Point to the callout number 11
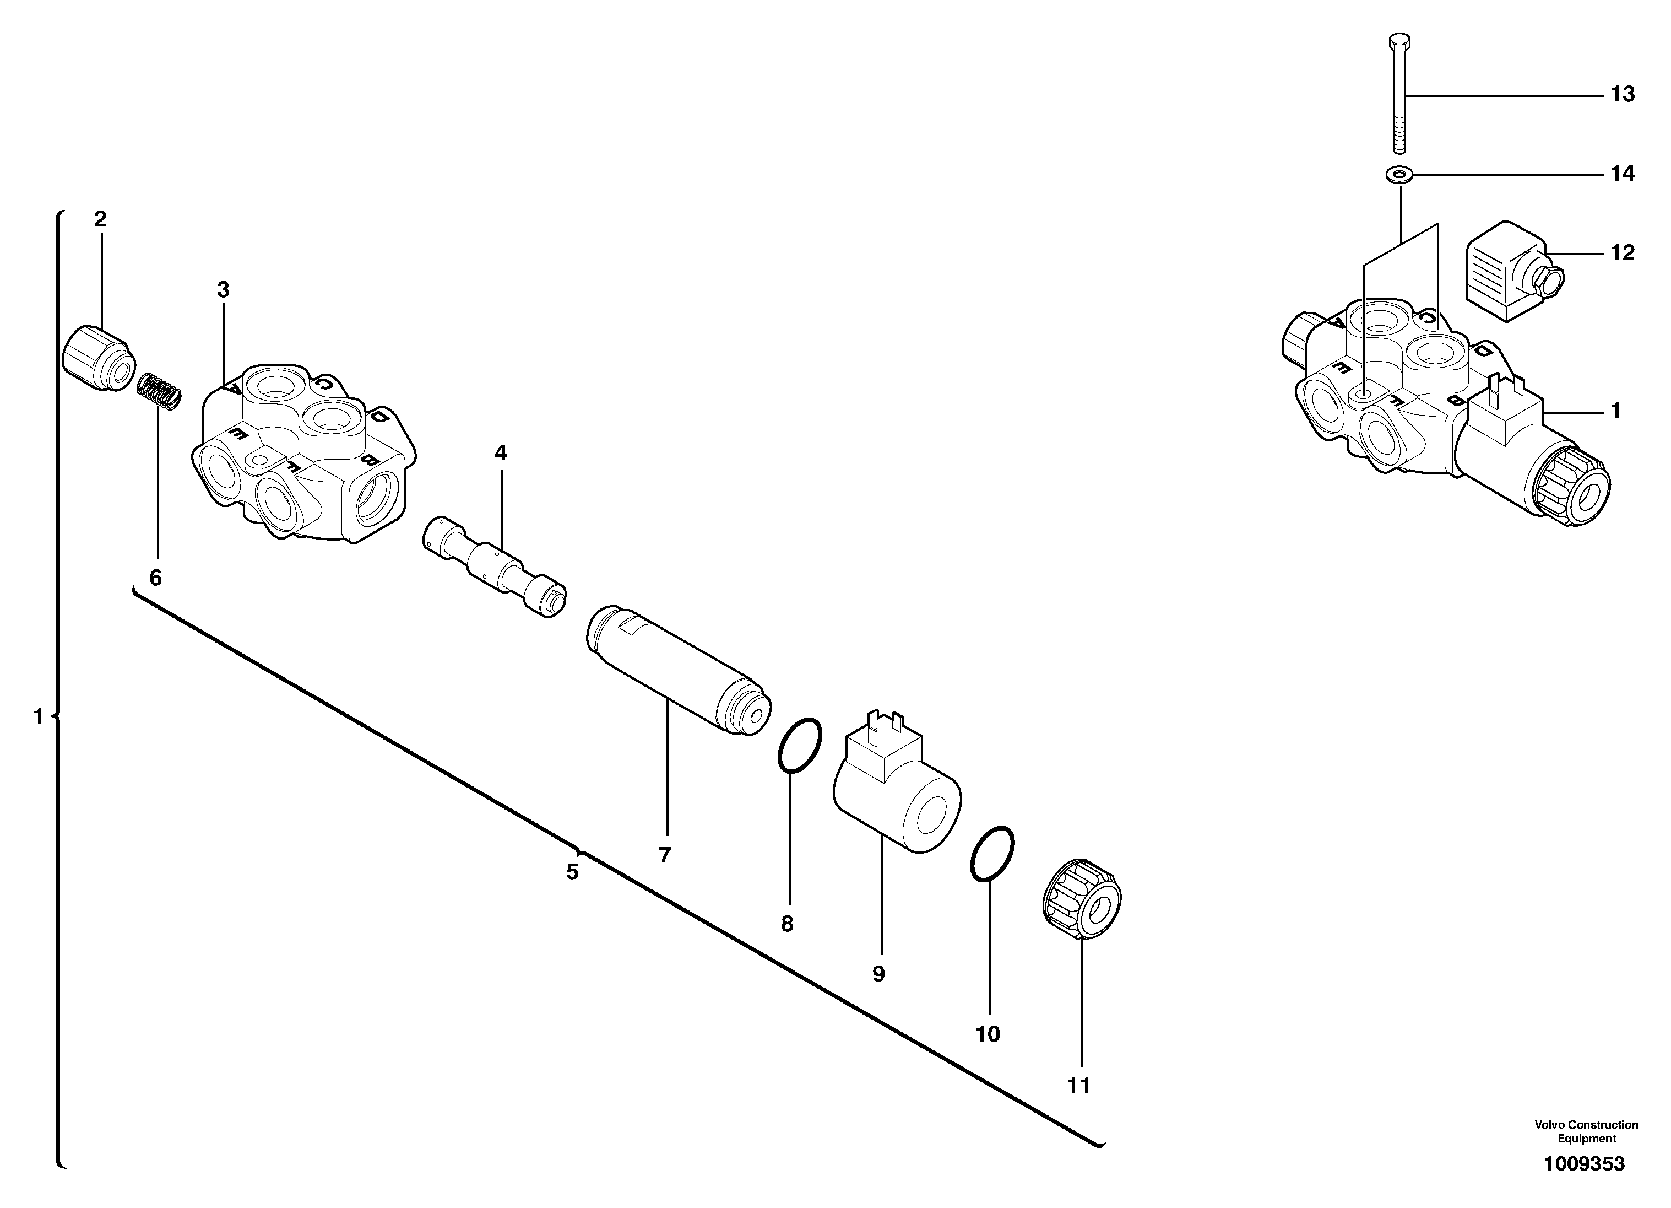pos(1078,1086)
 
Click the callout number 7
pos(665,855)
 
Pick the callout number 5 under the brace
pos(572,872)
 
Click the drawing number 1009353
pos(1584,1164)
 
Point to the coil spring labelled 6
pos(160,392)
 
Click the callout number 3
pos(223,290)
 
